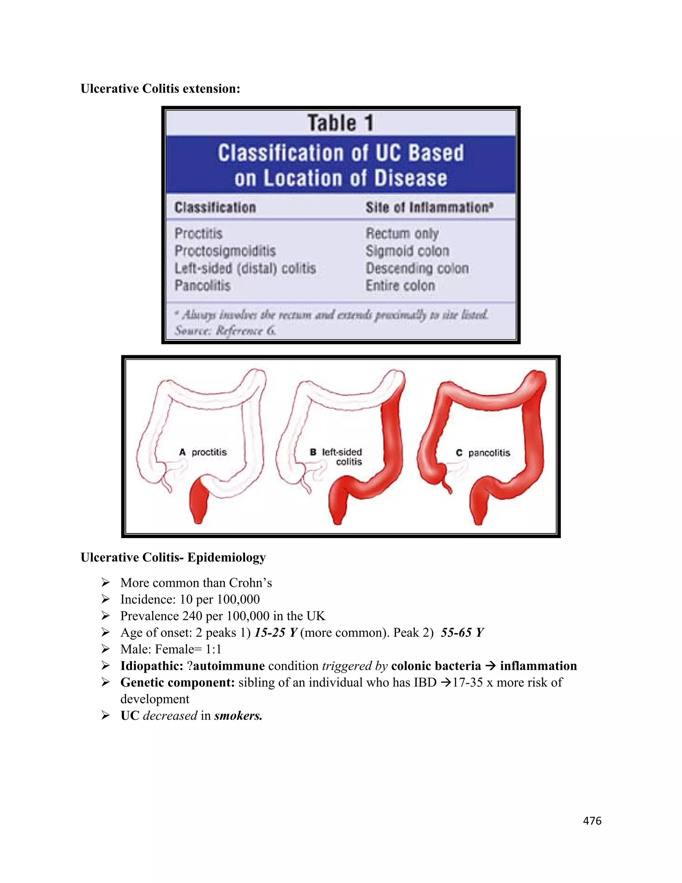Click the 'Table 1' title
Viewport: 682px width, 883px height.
click(x=340, y=123)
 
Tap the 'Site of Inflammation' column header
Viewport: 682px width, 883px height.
click(x=429, y=208)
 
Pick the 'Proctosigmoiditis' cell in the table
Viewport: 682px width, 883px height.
click(x=225, y=251)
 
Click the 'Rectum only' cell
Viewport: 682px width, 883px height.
click(x=402, y=233)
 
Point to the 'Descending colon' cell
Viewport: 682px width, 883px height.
click(x=417, y=269)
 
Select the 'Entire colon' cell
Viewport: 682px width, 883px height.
click(x=400, y=286)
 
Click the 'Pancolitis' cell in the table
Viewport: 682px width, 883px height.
click(x=202, y=286)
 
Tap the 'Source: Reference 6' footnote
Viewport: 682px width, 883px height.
click(x=225, y=331)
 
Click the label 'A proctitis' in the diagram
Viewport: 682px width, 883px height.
click(x=203, y=452)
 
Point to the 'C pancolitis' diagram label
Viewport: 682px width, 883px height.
click(x=483, y=453)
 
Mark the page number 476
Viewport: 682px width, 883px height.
click(x=592, y=820)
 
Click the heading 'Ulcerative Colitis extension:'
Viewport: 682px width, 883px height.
click(x=161, y=89)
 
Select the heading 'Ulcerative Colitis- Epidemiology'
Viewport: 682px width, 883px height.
click(x=173, y=557)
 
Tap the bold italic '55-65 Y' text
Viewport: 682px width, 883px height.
click(x=462, y=632)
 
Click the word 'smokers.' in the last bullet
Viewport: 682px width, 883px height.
click(x=238, y=716)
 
